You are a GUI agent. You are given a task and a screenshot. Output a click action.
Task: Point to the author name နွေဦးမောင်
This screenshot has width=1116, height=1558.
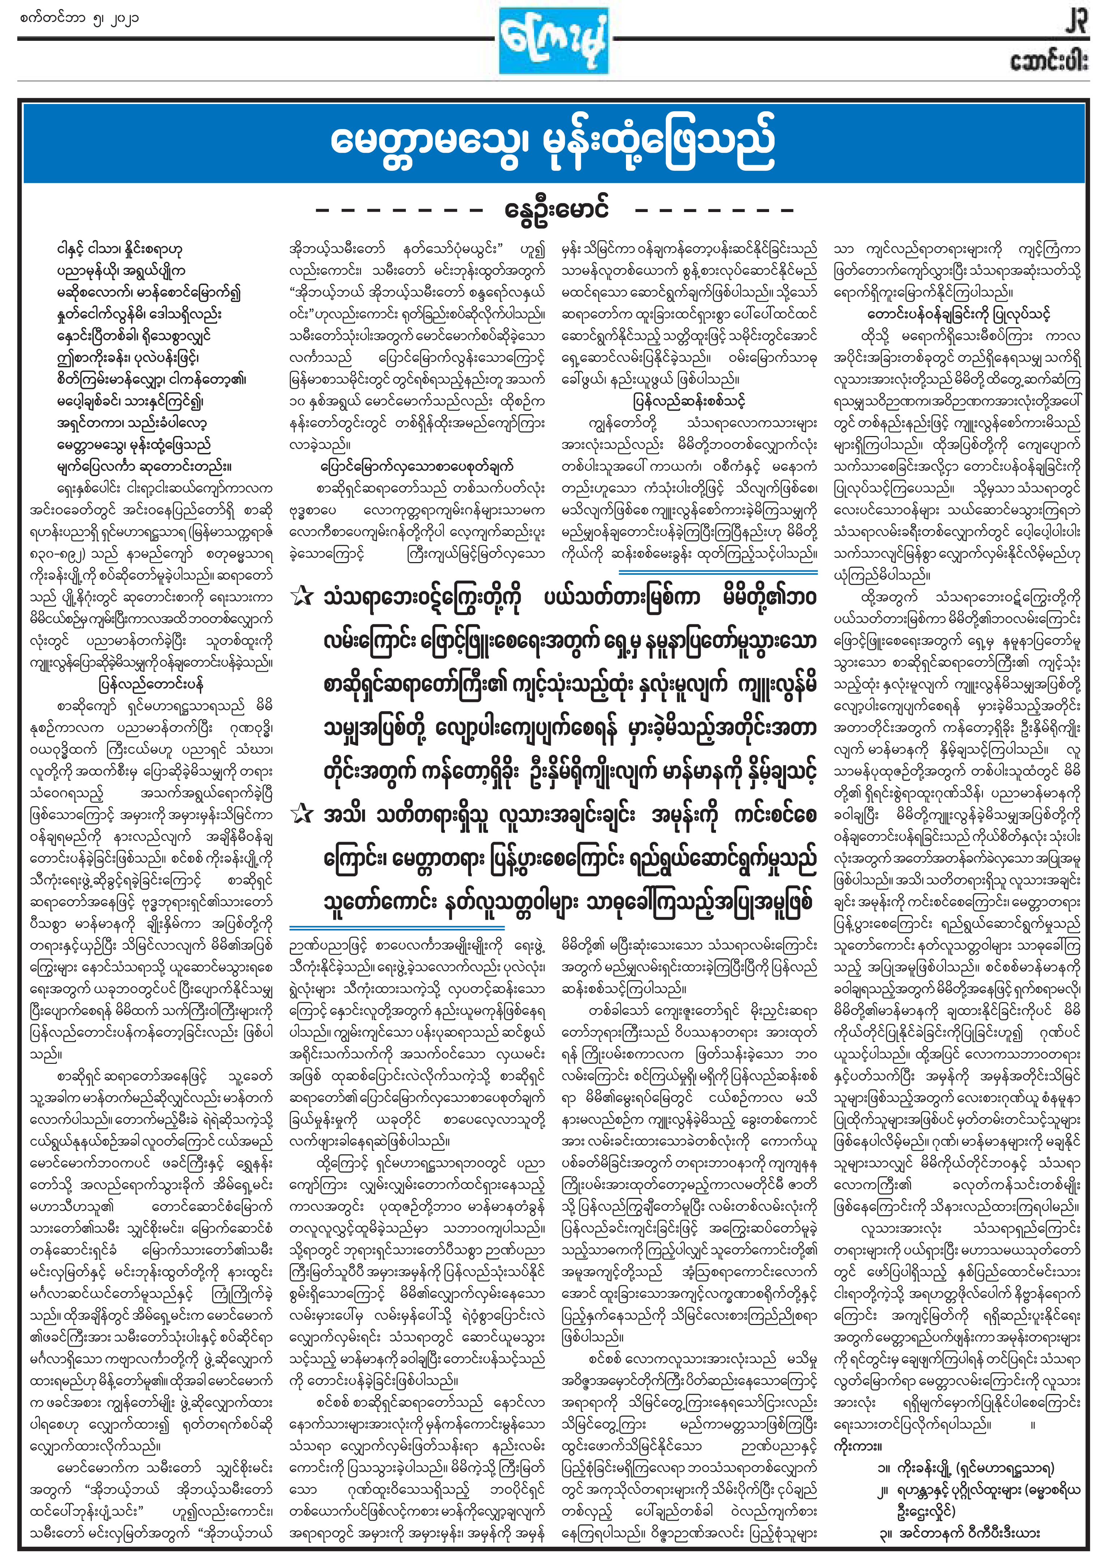pyautogui.click(x=557, y=209)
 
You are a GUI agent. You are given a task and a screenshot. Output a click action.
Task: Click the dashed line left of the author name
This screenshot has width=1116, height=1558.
pyautogui.click(x=399, y=210)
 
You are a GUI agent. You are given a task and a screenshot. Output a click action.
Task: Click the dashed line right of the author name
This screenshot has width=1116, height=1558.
pyautogui.click(x=715, y=210)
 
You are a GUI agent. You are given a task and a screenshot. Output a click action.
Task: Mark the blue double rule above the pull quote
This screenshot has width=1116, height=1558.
pyautogui.click(x=718, y=571)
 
